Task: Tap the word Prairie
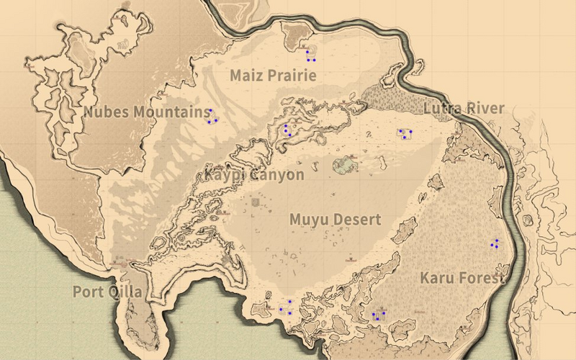(x=290, y=75)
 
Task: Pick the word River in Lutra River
(x=486, y=109)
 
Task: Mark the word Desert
(x=357, y=220)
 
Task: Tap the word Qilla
(x=125, y=292)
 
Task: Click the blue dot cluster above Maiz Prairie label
(x=310, y=55)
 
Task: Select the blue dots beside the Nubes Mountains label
(x=212, y=117)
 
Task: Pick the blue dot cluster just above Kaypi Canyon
(x=287, y=130)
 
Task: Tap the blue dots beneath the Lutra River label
(x=404, y=134)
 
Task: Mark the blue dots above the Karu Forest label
(x=495, y=244)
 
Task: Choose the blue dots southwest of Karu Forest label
(x=377, y=315)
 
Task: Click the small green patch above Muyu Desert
(x=345, y=166)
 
